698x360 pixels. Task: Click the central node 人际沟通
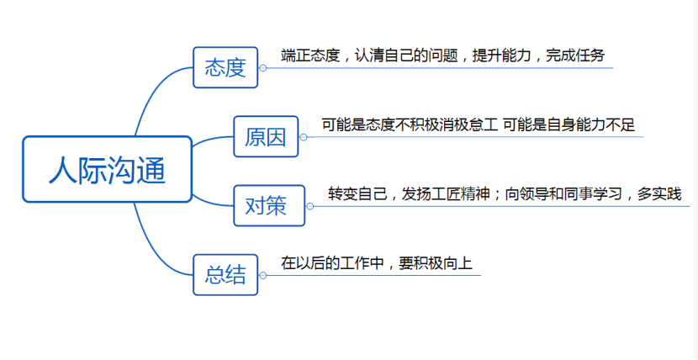(x=107, y=169)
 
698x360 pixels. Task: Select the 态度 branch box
(x=225, y=67)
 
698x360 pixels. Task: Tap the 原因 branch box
(x=266, y=136)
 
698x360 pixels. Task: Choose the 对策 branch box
(x=269, y=205)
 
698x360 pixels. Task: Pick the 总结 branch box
(x=225, y=274)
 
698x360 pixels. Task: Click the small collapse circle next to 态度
(x=263, y=68)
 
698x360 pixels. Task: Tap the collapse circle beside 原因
(x=304, y=137)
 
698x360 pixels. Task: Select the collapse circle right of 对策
(x=310, y=206)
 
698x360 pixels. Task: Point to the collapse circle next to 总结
(x=263, y=275)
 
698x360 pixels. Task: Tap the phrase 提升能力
(x=502, y=56)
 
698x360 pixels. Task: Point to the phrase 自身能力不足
(x=591, y=125)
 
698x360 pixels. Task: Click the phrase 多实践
(x=659, y=194)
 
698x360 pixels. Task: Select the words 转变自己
(x=358, y=194)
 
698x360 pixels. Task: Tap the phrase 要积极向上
(x=436, y=263)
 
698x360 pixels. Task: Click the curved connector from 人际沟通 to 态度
(x=154, y=90)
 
